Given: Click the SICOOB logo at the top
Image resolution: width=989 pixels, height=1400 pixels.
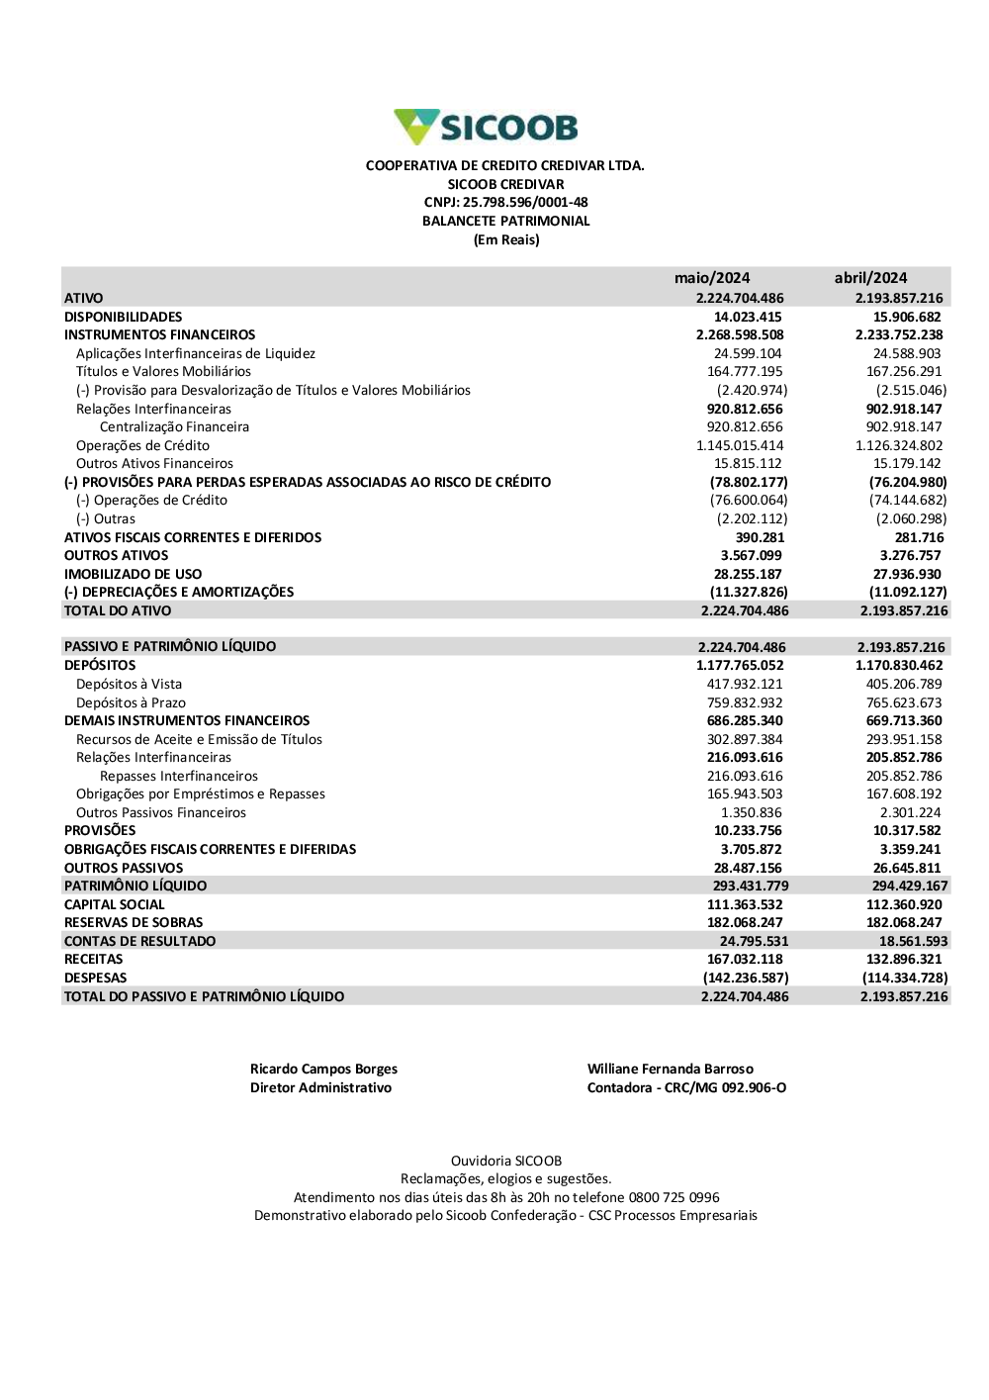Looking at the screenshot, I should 486,128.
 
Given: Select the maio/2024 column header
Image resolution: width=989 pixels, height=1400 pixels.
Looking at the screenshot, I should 712,278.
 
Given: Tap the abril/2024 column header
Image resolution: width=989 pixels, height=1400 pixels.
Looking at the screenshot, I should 870,278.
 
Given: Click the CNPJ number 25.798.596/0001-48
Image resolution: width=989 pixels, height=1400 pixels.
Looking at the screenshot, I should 525,203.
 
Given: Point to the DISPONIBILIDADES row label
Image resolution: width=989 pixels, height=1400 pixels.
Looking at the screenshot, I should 123,317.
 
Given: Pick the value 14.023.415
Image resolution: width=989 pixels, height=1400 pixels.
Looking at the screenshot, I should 748,317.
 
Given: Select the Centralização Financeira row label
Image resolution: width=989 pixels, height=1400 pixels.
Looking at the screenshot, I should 174,427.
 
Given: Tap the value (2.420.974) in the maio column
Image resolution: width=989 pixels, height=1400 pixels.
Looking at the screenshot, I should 752,391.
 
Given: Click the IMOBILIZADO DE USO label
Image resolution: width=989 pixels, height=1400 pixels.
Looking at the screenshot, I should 133,574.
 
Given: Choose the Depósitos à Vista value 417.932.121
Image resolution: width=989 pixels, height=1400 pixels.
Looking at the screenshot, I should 745,684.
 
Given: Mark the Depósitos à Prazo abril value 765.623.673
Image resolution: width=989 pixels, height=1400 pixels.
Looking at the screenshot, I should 904,702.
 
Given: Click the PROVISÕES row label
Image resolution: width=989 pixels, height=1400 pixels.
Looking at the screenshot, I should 100,830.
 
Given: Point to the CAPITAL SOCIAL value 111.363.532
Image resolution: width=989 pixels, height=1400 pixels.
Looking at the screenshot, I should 745,904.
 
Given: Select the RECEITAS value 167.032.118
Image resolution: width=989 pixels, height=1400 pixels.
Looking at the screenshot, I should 745,959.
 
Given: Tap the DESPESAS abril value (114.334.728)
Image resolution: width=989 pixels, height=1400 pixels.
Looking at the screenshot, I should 904,978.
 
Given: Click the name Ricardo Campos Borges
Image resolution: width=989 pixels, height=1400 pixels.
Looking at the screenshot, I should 323,1069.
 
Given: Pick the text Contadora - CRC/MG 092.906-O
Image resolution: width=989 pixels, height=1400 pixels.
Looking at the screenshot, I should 686,1087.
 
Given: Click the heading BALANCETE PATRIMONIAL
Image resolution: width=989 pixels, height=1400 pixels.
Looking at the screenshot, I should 505,221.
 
